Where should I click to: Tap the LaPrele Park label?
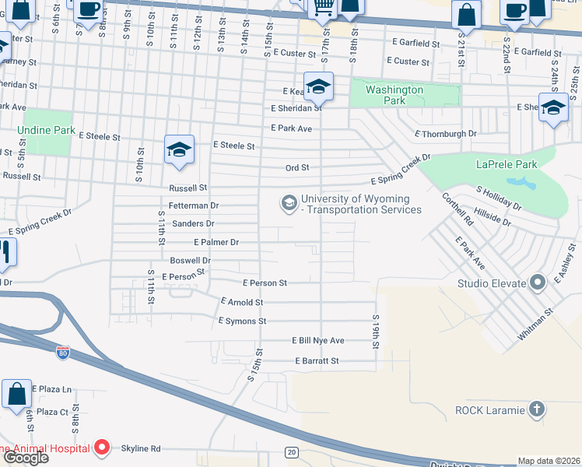507,164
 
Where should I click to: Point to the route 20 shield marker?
292,451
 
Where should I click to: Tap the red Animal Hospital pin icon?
102,448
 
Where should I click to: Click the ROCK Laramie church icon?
536,409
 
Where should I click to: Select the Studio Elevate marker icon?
536,283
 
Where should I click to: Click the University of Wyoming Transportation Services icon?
289,203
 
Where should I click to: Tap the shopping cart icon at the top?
322,8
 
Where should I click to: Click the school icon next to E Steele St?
179,149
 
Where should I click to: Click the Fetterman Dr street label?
195,205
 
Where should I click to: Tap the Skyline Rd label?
140,448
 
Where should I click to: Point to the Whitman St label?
537,324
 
